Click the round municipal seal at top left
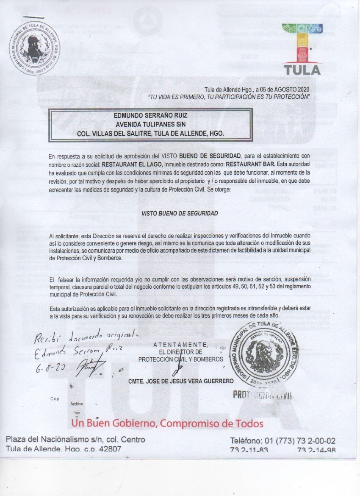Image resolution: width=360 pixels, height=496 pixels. pos(34,48)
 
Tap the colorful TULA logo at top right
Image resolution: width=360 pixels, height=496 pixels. pos(302,49)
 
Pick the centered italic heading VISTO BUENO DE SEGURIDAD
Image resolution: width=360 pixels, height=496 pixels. pos(180,214)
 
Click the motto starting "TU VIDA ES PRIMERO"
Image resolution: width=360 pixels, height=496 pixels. pos(229,97)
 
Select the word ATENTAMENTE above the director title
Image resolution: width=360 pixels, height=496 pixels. pos(180,344)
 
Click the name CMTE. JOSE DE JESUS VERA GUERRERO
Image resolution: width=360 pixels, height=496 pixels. pos(181,381)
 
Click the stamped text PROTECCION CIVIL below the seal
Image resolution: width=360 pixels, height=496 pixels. pos(263,396)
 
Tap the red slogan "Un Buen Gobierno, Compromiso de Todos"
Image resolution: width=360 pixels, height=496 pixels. pos(167,424)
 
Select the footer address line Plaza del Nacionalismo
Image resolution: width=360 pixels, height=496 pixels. pos(75,439)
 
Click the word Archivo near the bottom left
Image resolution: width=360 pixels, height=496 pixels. pos(77,404)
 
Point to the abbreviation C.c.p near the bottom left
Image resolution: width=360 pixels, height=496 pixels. pos(54,399)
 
